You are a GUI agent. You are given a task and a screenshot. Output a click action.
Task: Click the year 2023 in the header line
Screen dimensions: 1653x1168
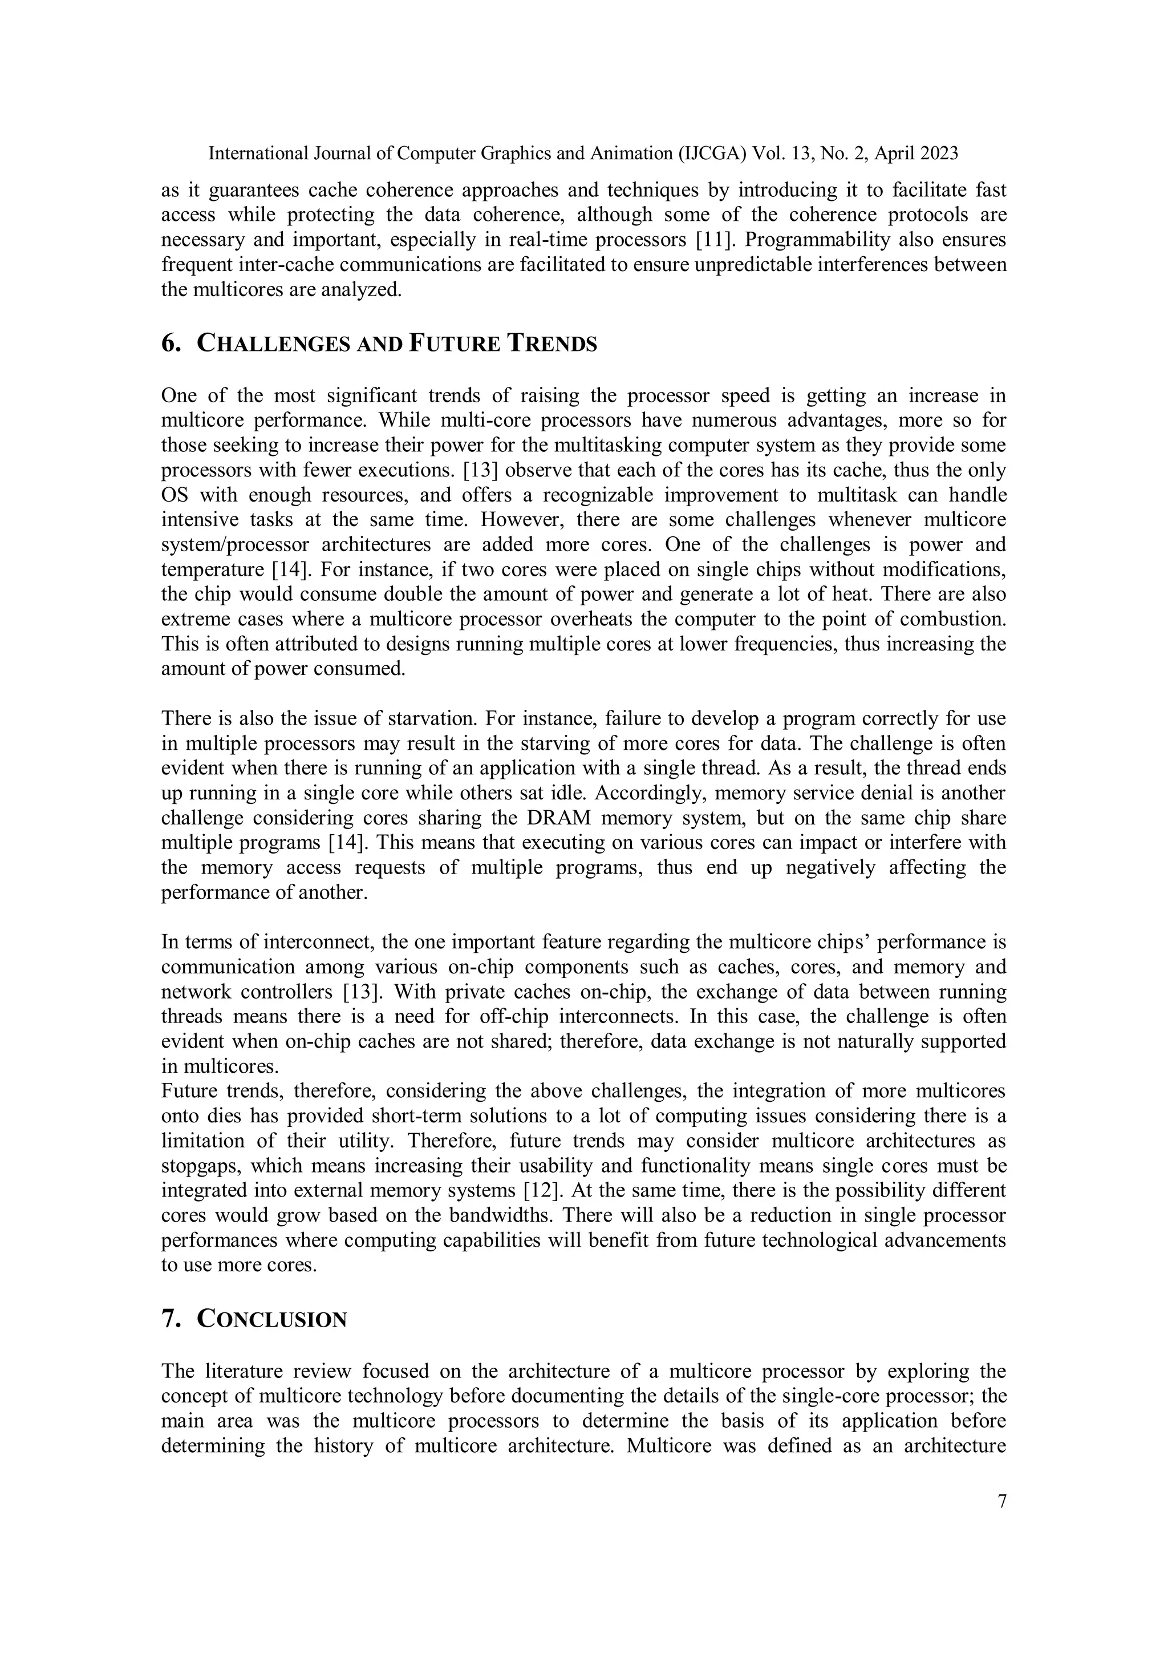(935, 153)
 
